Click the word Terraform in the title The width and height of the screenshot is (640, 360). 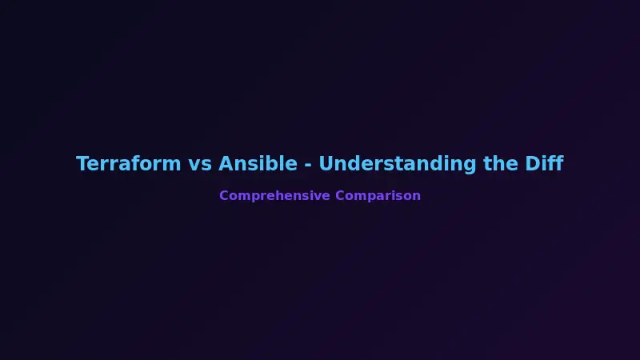[129, 164]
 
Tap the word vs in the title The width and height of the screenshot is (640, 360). [200, 164]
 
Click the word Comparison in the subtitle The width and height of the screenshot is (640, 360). [378, 196]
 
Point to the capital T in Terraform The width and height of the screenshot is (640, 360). [82, 164]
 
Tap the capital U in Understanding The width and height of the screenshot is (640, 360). [326, 164]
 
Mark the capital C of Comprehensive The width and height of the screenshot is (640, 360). [224, 196]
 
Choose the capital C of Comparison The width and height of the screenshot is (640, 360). [340, 196]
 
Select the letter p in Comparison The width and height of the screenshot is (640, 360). [369, 197]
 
